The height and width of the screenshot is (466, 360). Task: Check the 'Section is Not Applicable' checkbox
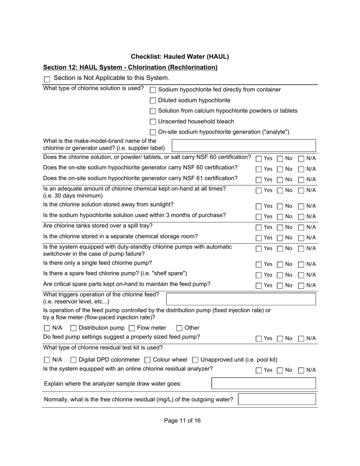pos(47,79)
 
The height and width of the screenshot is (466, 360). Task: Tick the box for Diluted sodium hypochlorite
pos(153,100)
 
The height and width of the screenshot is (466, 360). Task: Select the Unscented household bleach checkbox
pos(153,122)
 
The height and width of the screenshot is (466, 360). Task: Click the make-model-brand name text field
pos(244,145)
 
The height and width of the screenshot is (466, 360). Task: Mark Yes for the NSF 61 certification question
pos(259,180)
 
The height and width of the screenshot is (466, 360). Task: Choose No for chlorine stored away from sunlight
pos(280,206)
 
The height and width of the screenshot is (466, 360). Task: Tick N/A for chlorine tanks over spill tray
pos(301,228)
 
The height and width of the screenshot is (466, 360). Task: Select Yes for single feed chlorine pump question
pos(259,264)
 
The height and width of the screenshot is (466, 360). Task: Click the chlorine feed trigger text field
pos(241,299)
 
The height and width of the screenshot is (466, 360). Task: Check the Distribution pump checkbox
pos(74,328)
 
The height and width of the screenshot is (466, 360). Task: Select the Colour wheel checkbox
pos(148,360)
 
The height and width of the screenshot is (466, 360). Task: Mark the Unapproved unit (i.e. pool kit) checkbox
pos(196,360)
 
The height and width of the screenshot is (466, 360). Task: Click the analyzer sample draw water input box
pos(263,383)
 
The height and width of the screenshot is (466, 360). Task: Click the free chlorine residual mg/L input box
pos(277,399)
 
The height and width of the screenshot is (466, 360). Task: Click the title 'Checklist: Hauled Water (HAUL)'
pos(180,57)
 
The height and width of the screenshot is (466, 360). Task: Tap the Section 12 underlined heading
pos(130,67)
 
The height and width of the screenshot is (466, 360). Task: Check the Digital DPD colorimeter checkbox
pos(74,360)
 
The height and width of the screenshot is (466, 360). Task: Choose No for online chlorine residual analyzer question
pos(280,371)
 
